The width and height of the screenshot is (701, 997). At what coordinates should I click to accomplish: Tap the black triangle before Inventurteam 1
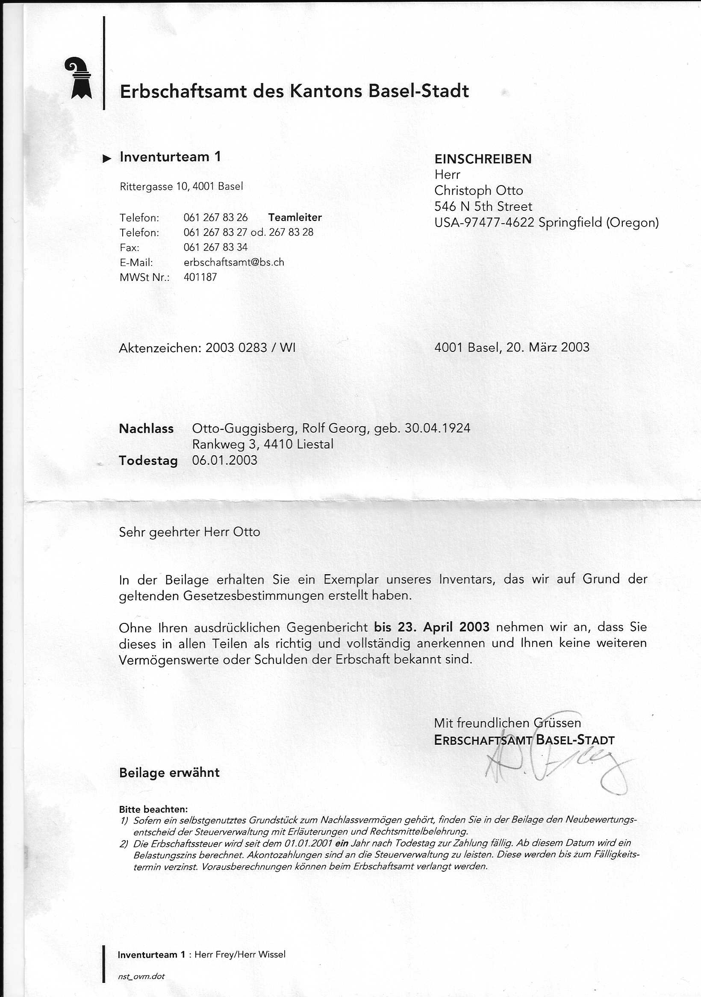[107, 159]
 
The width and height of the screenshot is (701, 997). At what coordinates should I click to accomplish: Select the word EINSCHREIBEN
[483, 159]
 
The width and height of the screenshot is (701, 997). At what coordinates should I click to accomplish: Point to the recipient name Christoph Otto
[478, 191]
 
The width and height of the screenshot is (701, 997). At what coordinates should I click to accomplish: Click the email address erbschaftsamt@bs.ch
[233, 262]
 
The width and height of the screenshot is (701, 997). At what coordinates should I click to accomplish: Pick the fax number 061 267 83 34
[215, 247]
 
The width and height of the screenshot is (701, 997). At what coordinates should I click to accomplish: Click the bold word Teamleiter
[295, 217]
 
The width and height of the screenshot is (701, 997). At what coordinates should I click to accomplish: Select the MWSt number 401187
[200, 277]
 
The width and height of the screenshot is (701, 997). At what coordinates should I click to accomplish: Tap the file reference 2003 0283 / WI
[250, 348]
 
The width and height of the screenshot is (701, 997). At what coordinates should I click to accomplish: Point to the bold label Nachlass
[146, 429]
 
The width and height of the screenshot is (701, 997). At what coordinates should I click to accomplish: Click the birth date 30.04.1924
[437, 428]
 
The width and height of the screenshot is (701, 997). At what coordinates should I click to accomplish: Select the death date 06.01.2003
[224, 460]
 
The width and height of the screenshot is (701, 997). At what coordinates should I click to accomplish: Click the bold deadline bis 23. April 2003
[431, 627]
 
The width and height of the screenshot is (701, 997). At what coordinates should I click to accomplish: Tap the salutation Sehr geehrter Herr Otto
[189, 532]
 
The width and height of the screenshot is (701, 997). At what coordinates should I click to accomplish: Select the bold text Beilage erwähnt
[169, 773]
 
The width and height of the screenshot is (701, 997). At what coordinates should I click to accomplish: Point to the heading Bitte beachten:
[153, 809]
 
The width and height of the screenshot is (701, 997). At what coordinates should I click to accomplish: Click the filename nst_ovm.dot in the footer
[141, 976]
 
